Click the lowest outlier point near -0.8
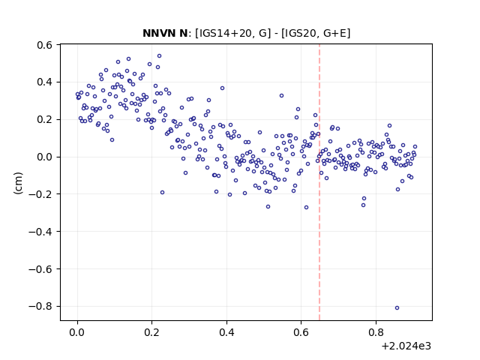tap(397, 307)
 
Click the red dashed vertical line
tap(319, 182)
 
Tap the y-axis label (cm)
tap(18, 183)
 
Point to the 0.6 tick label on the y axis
tap(45, 45)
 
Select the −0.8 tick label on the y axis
tap(40, 307)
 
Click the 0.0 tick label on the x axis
tap(77, 332)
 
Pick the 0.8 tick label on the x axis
tap(376, 332)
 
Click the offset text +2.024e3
tap(406, 346)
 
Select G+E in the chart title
tap(335, 33)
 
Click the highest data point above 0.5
tap(159, 55)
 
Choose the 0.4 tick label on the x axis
tap(226, 332)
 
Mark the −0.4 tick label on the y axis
tap(40, 232)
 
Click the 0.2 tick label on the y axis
tap(45, 120)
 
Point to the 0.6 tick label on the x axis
tap(301, 332)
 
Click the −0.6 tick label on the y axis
tap(40, 269)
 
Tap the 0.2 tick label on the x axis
tap(151, 332)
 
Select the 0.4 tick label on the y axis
tap(45, 82)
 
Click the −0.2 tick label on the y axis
tap(40, 194)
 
